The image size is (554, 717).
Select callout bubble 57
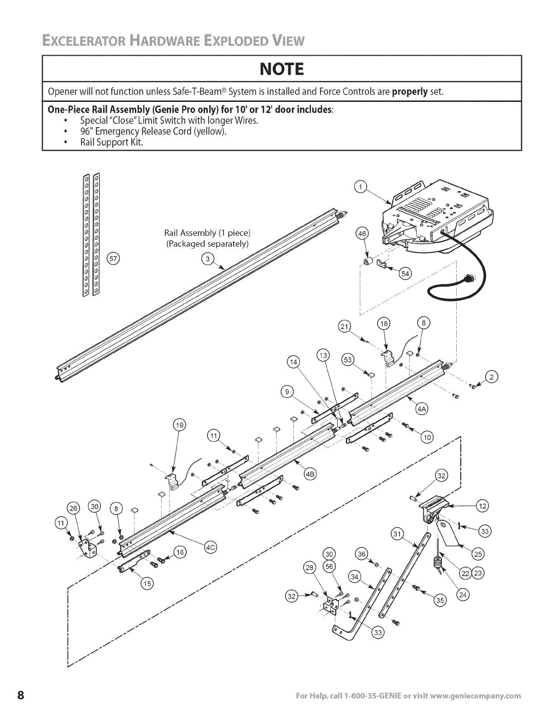point(112,259)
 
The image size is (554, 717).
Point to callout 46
point(363,234)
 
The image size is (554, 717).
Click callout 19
point(180,425)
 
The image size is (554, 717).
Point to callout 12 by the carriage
point(483,506)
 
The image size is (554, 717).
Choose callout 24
point(463,595)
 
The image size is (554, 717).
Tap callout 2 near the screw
point(491,377)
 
